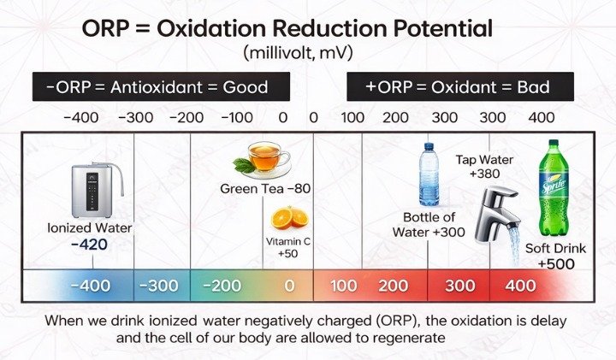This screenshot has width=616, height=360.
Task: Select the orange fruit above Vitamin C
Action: coord(296,218)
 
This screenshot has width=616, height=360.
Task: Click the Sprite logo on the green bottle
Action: coord(549,185)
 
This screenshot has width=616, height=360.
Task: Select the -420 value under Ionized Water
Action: coord(90,245)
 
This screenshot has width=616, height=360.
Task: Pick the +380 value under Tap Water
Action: coord(484,174)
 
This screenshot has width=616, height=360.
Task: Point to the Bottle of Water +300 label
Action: coord(429,224)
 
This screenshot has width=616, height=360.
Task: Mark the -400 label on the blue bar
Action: coord(90,285)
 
